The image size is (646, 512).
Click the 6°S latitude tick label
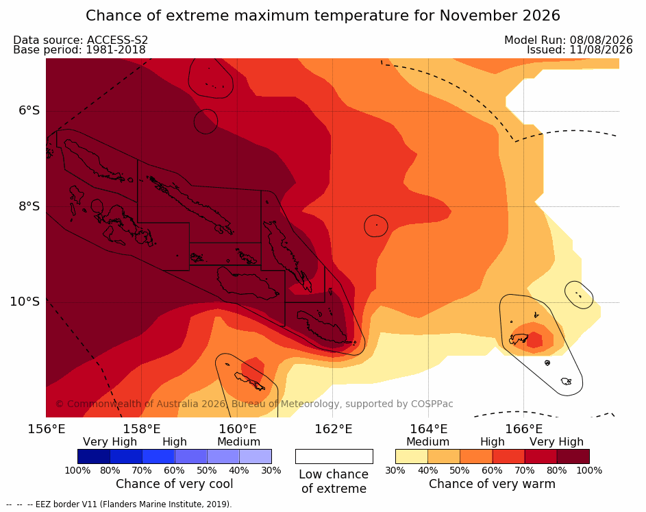(x=29, y=110)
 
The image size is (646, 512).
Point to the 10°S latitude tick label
(x=25, y=302)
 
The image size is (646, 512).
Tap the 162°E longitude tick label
(x=334, y=429)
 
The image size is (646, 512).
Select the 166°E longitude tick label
(x=523, y=429)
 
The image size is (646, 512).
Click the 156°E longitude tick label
(x=46, y=429)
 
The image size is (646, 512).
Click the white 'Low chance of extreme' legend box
(x=334, y=456)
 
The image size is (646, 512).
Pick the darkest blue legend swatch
(x=94, y=456)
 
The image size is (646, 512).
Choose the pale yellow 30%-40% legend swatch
(x=412, y=456)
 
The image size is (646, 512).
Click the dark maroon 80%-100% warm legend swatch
(x=573, y=456)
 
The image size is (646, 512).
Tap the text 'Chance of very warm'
(x=492, y=484)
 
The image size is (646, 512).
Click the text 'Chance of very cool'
(x=174, y=484)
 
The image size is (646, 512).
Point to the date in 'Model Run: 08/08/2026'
(x=601, y=40)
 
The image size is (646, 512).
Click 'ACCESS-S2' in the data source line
(x=117, y=40)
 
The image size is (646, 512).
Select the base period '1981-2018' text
(x=115, y=50)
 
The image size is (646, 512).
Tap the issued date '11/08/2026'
(x=601, y=50)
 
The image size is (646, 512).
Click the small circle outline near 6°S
(x=206, y=110)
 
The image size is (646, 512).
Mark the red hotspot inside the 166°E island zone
(x=534, y=340)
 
